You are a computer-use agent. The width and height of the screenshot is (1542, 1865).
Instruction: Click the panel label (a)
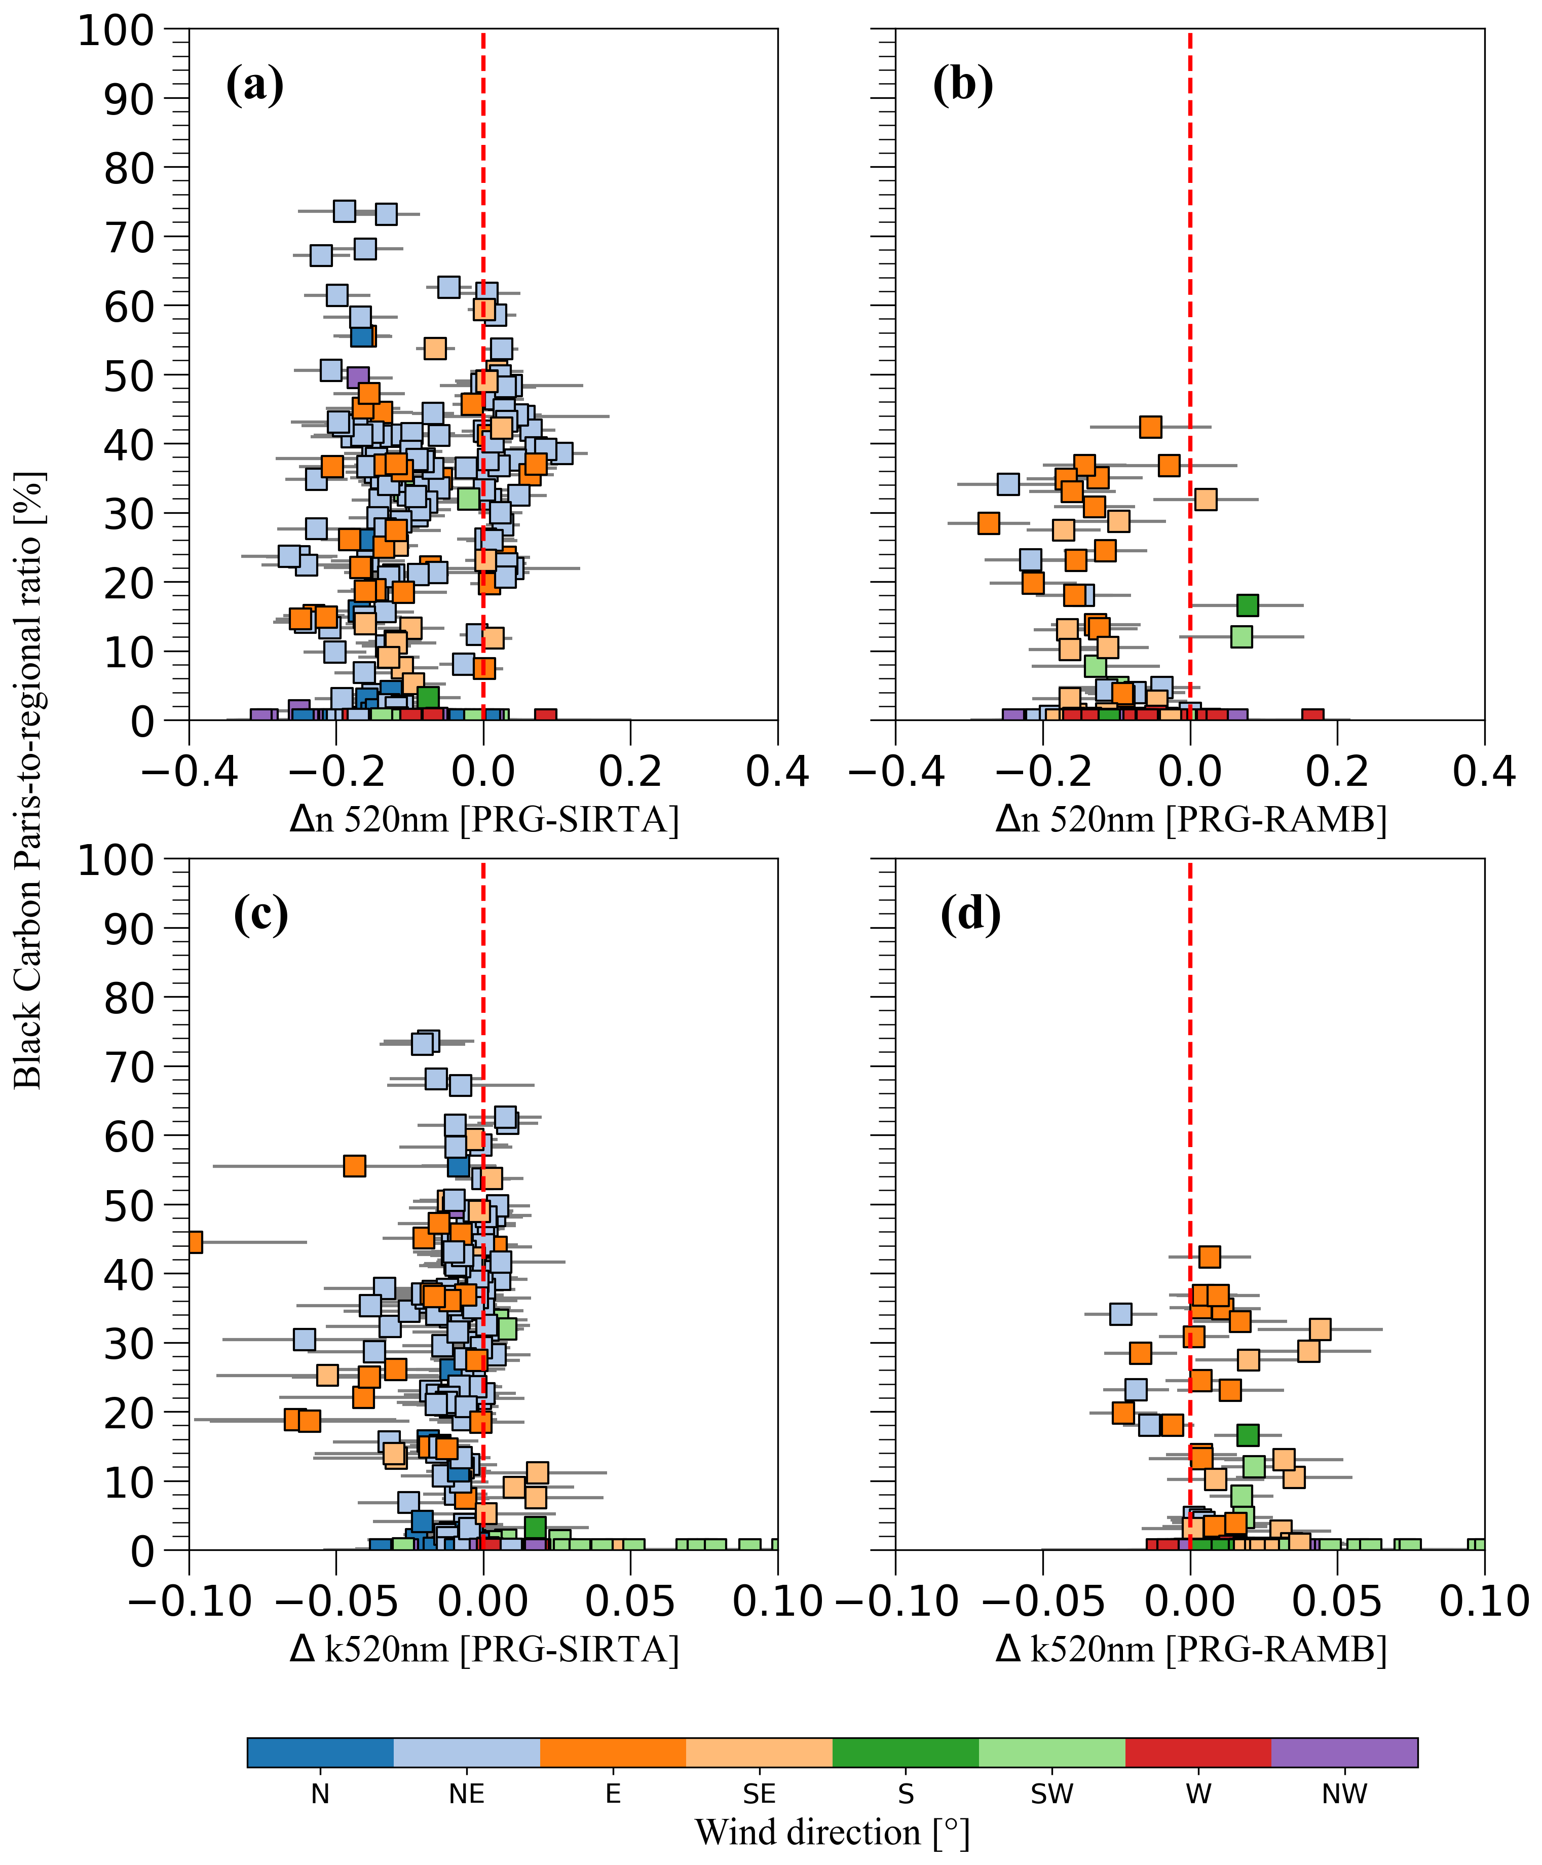[255, 86]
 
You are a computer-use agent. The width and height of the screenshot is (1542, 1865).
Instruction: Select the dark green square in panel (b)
[1247, 605]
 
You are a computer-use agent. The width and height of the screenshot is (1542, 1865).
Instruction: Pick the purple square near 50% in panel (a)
[357, 377]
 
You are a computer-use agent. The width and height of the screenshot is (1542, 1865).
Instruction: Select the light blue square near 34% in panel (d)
[1121, 1313]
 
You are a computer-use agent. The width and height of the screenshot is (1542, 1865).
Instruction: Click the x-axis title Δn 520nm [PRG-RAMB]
[1190, 819]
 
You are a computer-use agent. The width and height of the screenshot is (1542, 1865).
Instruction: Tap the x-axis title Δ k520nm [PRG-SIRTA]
[484, 1649]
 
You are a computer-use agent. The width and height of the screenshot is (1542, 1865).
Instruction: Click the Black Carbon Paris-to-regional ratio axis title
[28, 782]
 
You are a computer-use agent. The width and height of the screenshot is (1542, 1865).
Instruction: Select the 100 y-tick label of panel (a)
[117, 31]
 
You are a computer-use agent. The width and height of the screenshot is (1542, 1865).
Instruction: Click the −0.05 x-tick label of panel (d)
[1043, 1601]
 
